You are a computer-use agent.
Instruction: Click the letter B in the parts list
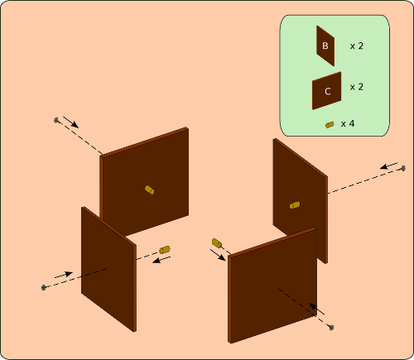pos(325,46)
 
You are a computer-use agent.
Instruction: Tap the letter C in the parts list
pos(328,91)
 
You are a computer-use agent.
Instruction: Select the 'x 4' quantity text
pos(348,123)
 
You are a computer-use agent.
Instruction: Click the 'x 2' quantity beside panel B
pos(357,46)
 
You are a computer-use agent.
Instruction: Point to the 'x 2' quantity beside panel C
pos(357,87)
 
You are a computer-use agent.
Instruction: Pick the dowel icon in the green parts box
pos(330,125)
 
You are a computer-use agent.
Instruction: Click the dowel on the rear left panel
pos(149,190)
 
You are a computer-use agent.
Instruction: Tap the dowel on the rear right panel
pos(295,205)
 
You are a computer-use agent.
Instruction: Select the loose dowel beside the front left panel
pos(165,250)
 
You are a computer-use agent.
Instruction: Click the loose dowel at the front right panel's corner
pos(217,243)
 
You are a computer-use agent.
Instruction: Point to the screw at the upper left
pos(57,120)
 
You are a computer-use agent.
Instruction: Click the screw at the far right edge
pos(403,168)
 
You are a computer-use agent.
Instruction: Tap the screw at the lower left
pos(44,287)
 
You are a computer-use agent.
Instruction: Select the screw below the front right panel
pos(331,328)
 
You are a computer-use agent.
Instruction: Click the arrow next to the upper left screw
pos(71,122)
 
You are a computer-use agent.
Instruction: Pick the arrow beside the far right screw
pos(389,166)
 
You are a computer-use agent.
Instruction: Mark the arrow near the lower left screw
pos(64,275)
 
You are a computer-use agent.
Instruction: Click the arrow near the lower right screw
pos(316,309)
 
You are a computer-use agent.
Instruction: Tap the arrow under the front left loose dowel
pos(161,260)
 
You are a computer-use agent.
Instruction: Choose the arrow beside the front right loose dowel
pos(218,255)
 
